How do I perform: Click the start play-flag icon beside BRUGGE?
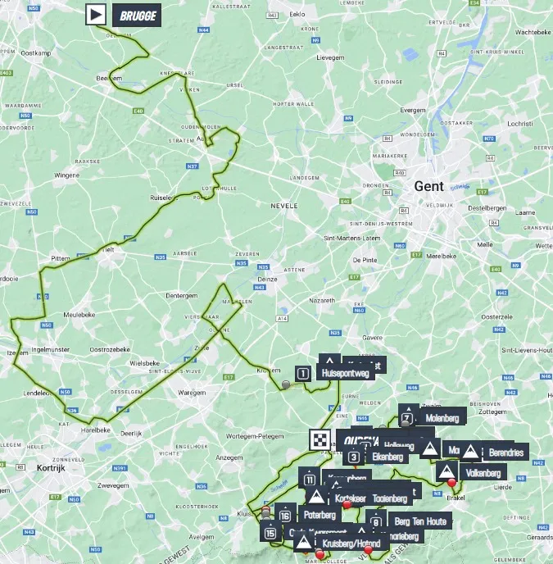coord(97,14)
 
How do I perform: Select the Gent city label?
coord(428,186)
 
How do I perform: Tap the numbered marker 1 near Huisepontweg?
coord(303,374)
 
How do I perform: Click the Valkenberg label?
coord(482,472)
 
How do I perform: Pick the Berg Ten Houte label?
coord(420,521)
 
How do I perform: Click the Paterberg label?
coord(320,515)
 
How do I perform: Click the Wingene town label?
coord(66,175)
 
